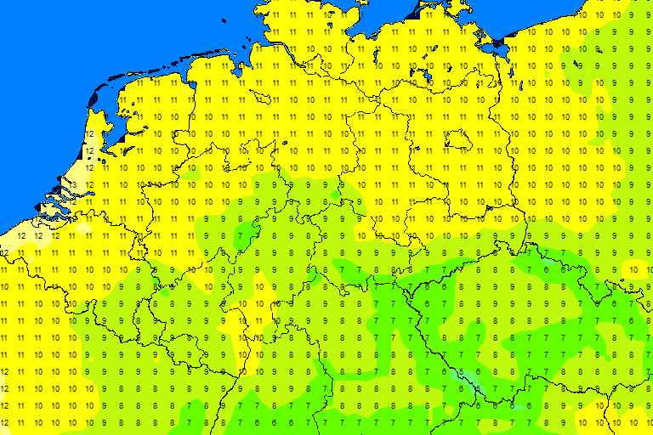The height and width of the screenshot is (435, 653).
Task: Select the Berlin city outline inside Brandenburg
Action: tap(458, 138)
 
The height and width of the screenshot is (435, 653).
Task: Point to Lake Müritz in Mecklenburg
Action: tap(425, 77)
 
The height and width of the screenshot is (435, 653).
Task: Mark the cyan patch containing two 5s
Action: tap(468, 376)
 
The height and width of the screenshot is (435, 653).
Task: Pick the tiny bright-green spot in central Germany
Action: tap(335, 195)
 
